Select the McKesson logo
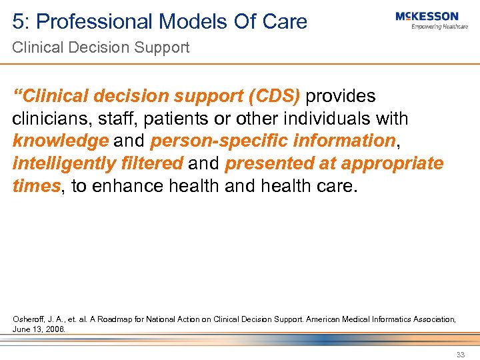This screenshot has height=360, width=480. click(427, 16)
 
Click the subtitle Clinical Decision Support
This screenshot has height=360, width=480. click(100, 47)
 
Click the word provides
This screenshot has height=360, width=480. click(341, 96)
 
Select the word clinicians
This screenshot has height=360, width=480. click(47, 119)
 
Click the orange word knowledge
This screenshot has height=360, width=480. click(60, 141)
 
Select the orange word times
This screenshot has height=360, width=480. click(36, 185)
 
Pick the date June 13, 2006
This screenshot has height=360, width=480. click(39, 329)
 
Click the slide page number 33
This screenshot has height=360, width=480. click(461, 355)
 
